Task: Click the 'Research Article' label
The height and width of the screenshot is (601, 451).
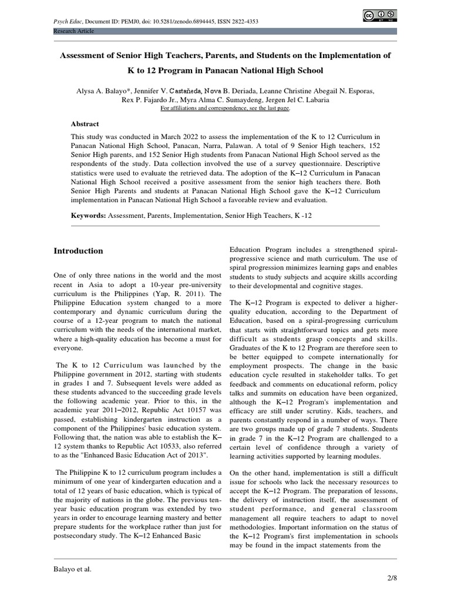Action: click(73, 31)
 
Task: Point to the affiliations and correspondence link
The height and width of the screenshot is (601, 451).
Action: click(225, 109)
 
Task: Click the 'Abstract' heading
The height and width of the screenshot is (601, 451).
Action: click(85, 124)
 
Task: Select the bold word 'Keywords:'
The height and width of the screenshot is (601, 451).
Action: click(87, 215)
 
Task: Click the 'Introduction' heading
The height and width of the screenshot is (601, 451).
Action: click(78, 251)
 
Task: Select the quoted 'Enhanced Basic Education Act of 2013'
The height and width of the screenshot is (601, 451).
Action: click(134, 455)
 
